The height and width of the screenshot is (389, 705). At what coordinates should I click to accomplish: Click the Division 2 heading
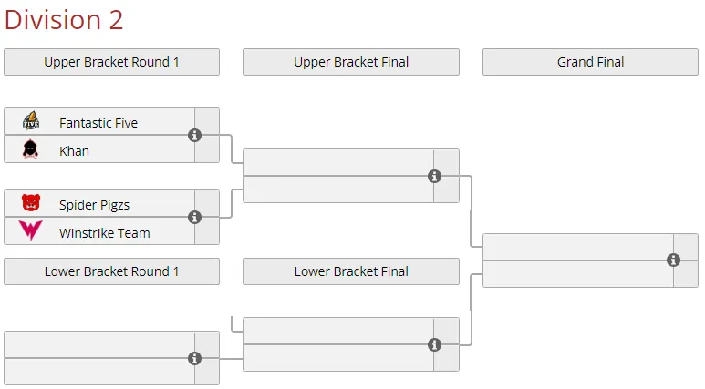point(64,20)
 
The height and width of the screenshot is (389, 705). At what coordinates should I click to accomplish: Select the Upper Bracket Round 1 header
point(111,62)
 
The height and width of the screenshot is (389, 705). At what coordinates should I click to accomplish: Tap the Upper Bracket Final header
point(351,62)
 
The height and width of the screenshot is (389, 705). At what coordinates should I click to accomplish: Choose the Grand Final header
point(590,62)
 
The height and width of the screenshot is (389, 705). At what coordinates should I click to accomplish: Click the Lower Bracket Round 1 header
point(111,271)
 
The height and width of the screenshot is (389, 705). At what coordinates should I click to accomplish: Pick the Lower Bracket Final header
point(351,271)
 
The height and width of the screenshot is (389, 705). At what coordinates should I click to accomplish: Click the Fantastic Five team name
point(98,123)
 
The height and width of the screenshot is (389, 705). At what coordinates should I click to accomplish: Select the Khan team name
point(74,151)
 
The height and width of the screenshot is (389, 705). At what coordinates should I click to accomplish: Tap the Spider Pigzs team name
point(95,205)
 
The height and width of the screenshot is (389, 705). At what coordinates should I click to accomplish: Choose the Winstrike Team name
point(105,233)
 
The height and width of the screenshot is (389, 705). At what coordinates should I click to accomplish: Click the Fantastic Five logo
point(31,121)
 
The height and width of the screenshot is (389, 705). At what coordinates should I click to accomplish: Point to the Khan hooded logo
point(30,149)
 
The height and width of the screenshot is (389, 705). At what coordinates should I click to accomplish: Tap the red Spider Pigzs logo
point(31,202)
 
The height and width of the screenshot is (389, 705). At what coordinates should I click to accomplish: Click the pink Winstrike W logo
point(31,230)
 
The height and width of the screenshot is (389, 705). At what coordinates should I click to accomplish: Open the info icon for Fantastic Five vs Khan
point(194,135)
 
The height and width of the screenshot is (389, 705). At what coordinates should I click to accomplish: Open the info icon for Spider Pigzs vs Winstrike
point(194,218)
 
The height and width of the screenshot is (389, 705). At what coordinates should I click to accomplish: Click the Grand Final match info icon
point(673,260)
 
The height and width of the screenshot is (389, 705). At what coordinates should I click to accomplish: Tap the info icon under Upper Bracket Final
point(434,177)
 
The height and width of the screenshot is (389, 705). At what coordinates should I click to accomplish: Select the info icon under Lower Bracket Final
point(434,345)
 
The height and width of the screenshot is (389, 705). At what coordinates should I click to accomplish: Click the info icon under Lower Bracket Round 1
point(194,358)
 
